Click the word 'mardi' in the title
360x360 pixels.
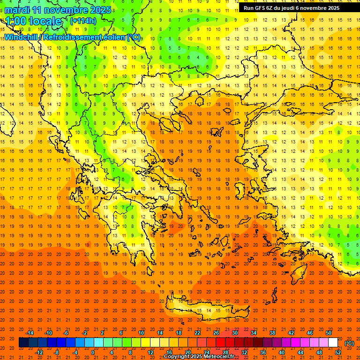coord(17,10)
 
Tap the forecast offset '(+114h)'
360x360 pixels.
coord(83,21)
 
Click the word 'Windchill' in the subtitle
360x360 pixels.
coord(22,37)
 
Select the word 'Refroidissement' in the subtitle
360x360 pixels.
coord(76,37)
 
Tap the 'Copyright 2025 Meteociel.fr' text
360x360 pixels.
coord(199,357)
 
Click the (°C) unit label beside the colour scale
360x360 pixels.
coord(349,343)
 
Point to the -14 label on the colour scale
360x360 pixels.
coord(30,333)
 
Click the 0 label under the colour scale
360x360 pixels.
coord(93,352)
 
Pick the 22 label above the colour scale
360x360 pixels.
coord(197,333)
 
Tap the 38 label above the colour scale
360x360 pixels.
coord(272,333)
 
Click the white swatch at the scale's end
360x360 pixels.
coord(333,343)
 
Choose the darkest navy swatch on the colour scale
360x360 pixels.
coord(23,343)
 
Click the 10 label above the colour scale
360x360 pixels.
coord(141,333)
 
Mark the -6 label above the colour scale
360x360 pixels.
coord(66,333)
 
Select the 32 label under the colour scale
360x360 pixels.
coord(244,352)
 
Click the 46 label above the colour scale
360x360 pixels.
coord(310,333)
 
